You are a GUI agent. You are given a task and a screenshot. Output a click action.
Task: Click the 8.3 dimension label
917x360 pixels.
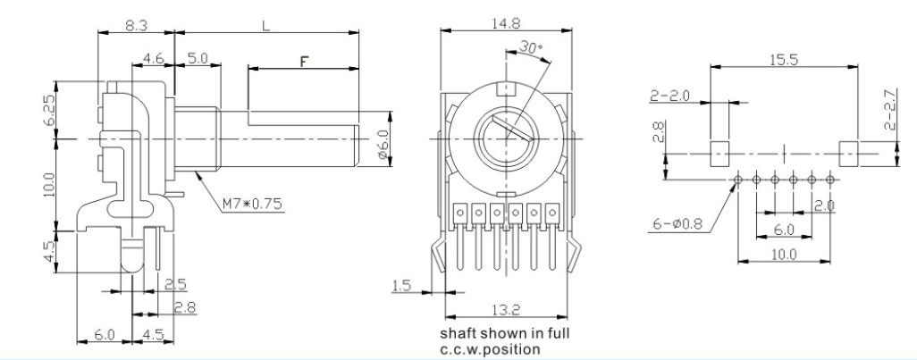click(x=136, y=25)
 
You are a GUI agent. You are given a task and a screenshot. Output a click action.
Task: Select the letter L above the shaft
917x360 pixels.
click(x=266, y=25)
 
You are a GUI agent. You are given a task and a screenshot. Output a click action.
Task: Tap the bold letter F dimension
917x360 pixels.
click(x=304, y=61)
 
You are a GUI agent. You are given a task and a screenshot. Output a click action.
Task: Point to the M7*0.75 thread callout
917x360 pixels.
click(x=252, y=204)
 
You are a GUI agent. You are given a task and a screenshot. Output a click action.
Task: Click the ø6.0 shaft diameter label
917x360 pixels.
click(x=383, y=144)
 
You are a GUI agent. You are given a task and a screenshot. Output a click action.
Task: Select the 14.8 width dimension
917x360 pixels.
click(x=506, y=23)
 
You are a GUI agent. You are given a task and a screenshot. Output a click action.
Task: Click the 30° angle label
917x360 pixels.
click(x=530, y=48)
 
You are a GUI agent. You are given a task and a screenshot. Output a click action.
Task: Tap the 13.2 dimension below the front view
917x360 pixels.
click(x=506, y=310)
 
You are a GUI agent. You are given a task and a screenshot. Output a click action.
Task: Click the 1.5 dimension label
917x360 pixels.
click(x=402, y=286)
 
